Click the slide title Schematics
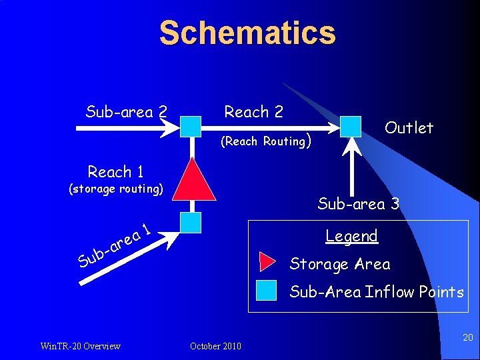coord(247,33)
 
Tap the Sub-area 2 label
coord(126,112)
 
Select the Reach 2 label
coord(253,112)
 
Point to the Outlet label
coord(409,127)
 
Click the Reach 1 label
coord(116,172)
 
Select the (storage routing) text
coord(116,189)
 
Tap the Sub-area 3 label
coord(358,204)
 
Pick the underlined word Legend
coord(351,236)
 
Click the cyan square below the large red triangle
coord(191,223)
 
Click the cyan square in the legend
coord(267,291)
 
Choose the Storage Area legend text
coord(339,264)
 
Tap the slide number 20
coord(467,338)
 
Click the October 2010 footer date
coord(215,345)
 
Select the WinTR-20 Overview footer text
coord(80,345)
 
